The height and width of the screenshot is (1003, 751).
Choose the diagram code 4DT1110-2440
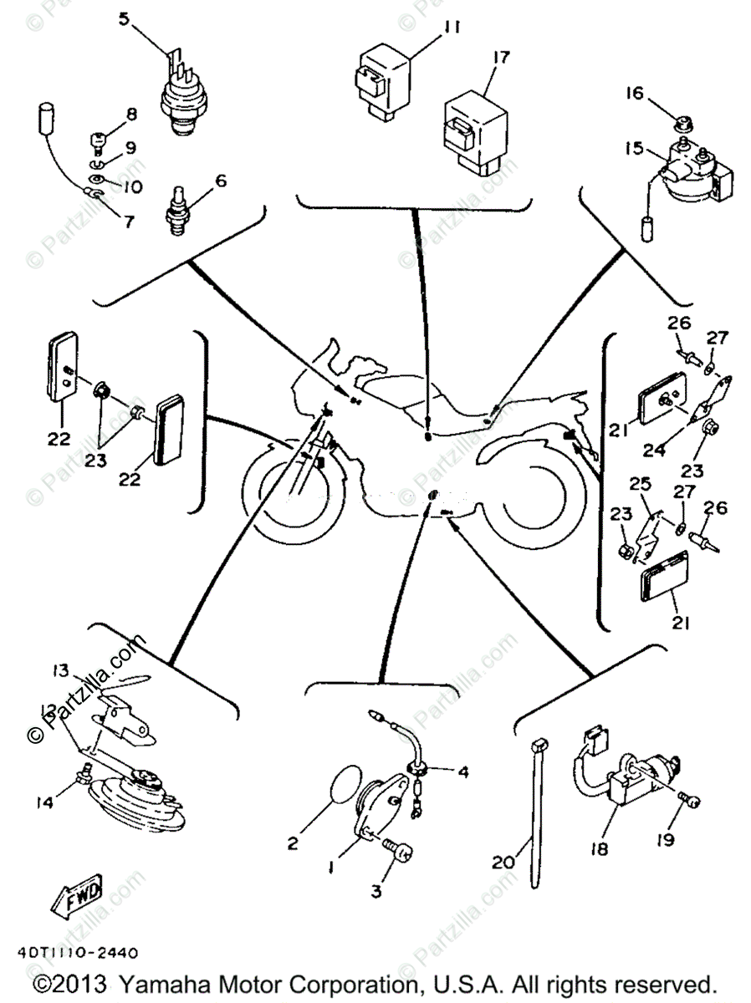(76, 952)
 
